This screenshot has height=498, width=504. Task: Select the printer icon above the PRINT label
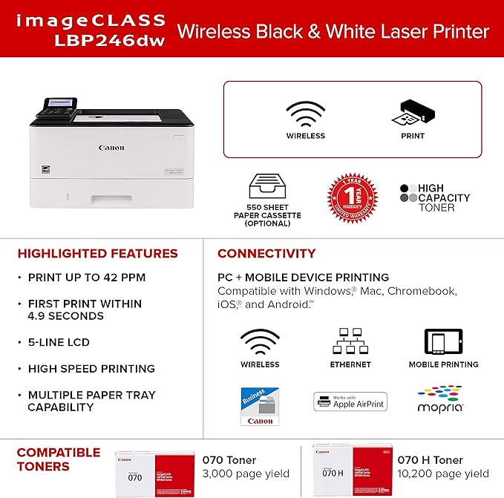click(413, 114)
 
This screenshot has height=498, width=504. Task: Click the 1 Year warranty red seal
click(353, 198)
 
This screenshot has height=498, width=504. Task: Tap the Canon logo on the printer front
click(111, 148)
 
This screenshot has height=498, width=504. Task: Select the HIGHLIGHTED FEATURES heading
click(97, 254)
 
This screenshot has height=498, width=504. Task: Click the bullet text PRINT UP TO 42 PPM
click(86, 278)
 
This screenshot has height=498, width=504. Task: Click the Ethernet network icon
click(350, 341)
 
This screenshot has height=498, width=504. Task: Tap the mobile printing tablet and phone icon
click(443, 342)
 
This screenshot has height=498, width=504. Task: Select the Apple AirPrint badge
click(350, 402)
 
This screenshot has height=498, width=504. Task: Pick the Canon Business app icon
click(260, 406)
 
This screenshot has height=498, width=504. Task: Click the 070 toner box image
click(154, 467)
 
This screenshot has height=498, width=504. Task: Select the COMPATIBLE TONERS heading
click(59, 459)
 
